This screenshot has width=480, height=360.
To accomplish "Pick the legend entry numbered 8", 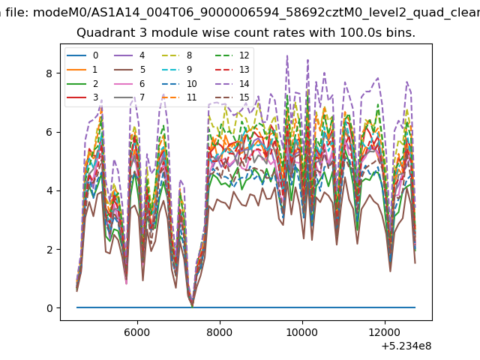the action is tap(177, 55).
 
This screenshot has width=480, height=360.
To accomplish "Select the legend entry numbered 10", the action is tap(179, 83).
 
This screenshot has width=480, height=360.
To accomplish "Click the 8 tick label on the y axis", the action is tap(49, 73).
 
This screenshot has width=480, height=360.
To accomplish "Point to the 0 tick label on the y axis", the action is tap(49, 308).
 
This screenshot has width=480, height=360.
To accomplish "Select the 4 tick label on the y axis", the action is tap(49, 190).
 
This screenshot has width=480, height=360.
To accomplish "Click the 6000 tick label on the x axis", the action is tap(136, 332).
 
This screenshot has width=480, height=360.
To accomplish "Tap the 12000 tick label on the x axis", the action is tap(385, 332).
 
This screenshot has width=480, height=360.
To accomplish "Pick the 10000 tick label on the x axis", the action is tap(301, 332).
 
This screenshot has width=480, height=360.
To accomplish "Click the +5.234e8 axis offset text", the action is tap(406, 346).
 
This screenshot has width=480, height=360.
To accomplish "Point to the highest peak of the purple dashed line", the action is tap(287, 55).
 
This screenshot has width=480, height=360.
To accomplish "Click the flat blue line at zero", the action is tap(246, 307).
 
